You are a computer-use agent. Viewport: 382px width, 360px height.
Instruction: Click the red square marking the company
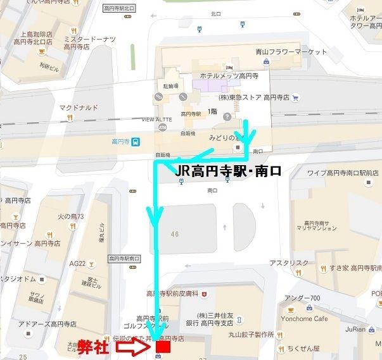(163, 347)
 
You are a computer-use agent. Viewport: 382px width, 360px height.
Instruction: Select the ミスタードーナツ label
(89, 39)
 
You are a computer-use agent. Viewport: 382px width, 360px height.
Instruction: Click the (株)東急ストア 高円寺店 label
(253, 98)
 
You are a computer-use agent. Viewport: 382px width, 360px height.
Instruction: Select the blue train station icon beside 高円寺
(137, 141)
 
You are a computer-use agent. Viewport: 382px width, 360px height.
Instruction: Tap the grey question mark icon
(227, 116)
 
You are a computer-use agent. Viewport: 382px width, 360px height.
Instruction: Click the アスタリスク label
(288, 262)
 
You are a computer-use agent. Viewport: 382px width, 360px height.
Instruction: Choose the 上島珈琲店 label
(36, 35)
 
